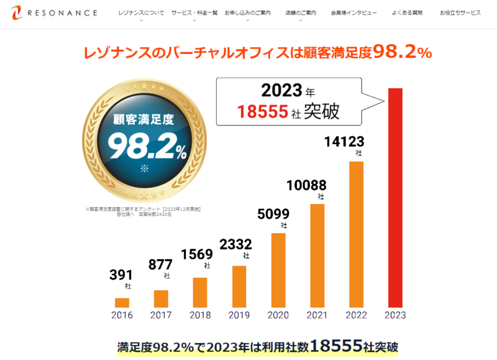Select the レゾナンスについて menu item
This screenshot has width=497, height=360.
click(142, 12)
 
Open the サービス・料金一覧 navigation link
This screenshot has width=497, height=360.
click(194, 12)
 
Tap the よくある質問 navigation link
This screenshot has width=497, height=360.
click(408, 12)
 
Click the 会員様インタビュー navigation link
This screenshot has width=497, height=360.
click(355, 12)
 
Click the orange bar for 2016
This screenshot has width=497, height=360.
click(122, 303)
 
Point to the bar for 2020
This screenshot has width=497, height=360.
click(278, 270)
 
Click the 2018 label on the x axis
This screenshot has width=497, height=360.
click(200, 315)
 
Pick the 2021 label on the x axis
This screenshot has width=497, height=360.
click(317, 315)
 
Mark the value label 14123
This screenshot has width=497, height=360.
click(344, 142)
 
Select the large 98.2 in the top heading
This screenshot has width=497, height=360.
click(394, 52)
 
